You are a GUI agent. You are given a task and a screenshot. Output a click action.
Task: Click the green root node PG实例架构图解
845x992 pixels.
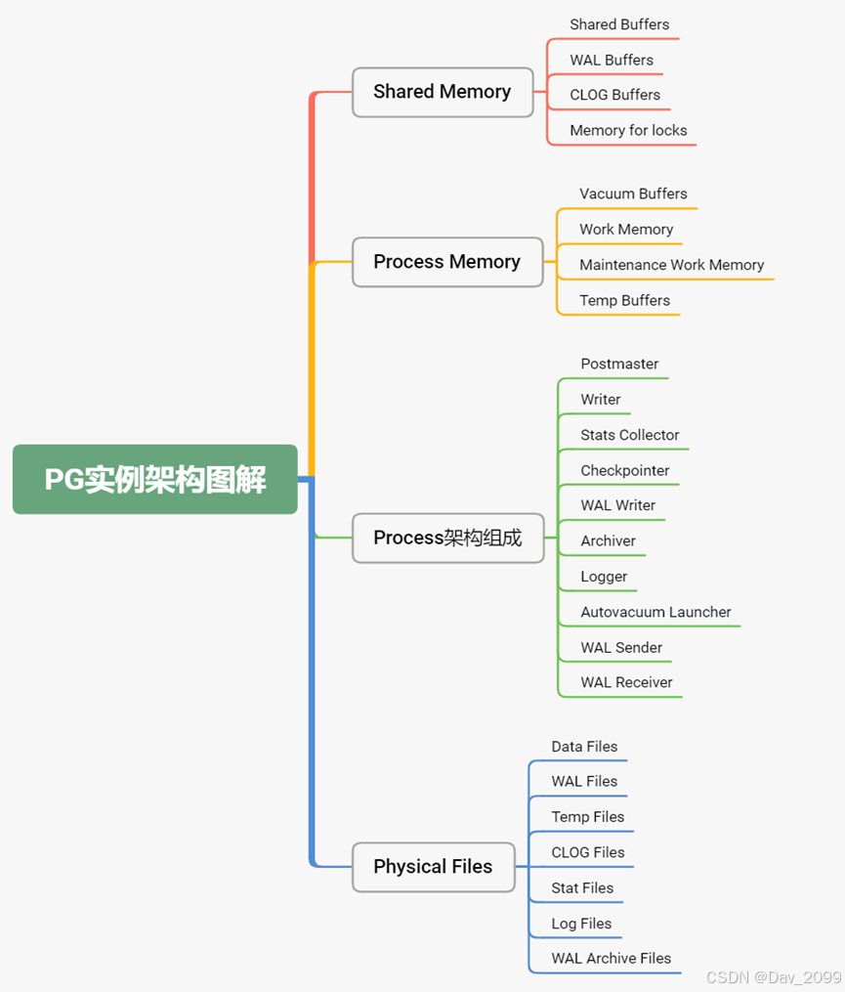point(154,479)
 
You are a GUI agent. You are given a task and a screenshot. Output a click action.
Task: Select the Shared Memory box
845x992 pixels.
point(442,92)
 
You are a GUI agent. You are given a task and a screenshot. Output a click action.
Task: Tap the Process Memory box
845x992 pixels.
point(446,262)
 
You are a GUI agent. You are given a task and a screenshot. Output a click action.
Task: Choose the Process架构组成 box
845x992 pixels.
point(447,538)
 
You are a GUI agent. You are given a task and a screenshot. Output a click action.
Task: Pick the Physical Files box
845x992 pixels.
point(433,867)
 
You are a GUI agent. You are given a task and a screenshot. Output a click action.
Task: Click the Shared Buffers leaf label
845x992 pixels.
point(619,24)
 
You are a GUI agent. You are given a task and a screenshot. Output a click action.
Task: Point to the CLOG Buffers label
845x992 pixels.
point(614,95)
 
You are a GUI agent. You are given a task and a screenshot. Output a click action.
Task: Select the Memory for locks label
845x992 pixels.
point(628,130)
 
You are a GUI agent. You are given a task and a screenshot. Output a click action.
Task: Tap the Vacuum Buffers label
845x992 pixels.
point(633,194)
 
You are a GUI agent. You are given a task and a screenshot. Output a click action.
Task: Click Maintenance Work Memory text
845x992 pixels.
point(671,265)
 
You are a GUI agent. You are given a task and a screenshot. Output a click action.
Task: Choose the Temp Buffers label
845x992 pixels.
point(624,300)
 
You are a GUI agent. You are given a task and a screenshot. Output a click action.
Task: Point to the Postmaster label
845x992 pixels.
point(619,364)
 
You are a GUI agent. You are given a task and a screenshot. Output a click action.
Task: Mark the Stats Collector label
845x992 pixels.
point(629,435)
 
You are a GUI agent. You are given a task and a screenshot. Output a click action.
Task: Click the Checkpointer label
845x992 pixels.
point(625,470)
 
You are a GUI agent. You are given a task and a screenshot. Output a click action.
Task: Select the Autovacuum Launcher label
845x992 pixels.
point(655,612)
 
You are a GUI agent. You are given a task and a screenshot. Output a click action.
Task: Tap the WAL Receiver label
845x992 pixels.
point(626,682)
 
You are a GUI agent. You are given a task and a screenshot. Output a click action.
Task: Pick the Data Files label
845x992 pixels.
point(584,747)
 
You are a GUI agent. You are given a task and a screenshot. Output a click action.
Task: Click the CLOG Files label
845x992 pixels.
point(587,852)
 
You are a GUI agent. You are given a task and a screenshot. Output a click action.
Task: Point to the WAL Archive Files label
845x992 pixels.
point(611,959)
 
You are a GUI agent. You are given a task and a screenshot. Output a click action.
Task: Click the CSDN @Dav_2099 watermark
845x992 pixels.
point(773,977)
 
